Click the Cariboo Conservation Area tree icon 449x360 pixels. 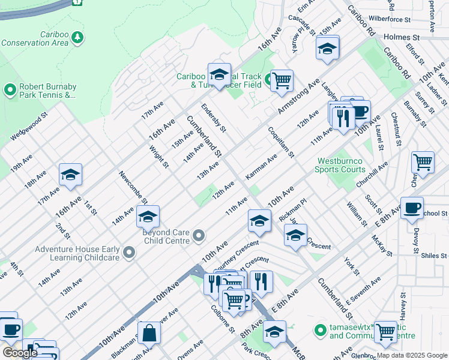(x=77, y=38)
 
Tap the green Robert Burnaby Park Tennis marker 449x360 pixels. (x=10, y=91)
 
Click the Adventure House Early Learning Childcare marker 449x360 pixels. (x=128, y=253)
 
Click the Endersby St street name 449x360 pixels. (x=213, y=118)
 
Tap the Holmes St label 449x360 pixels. (x=398, y=37)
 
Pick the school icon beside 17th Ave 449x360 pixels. (x=70, y=175)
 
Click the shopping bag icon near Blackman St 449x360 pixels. (x=149, y=332)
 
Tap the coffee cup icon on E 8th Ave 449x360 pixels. (x=412, y=208)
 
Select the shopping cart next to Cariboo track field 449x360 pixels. (x=281, y=80)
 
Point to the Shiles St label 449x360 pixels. (x=433, y=256)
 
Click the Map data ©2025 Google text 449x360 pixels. (x=412, y=355)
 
